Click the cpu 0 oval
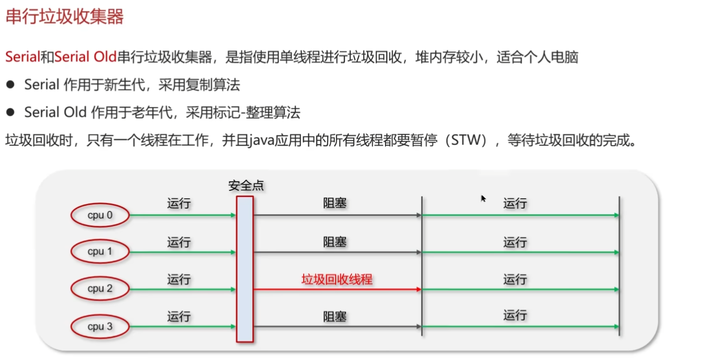[100, 215]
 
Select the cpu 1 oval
[100, 252]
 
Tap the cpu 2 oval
[100, 289]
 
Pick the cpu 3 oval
[100, 326]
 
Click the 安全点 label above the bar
[246, 186]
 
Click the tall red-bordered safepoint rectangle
[245, 269]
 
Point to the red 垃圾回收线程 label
[337, 280]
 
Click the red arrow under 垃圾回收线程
[337, 290]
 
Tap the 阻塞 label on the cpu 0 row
[335, 203]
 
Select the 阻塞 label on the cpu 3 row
[335, 317]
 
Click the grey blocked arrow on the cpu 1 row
[337, 252]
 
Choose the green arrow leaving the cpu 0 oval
[182, 215]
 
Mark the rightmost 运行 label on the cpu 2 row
[515, 280]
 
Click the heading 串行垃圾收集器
[64, 17]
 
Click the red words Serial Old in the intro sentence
[85, 57]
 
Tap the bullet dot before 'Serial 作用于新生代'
[10, 85]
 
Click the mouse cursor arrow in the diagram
[483, 198]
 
